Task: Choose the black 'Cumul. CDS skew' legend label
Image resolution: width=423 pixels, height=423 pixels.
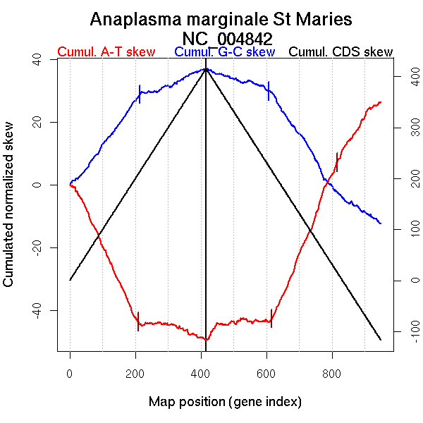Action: pos(341,52)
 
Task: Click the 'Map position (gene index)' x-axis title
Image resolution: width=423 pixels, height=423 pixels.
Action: pos(225,402)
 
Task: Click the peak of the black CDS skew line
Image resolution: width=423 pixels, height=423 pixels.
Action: pos(206,68)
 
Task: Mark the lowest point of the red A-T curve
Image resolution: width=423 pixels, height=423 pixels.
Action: pos(206,340)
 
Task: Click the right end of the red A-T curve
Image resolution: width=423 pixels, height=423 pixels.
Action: pos(381,102)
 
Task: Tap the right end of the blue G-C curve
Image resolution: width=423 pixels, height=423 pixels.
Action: pos(381,223)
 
